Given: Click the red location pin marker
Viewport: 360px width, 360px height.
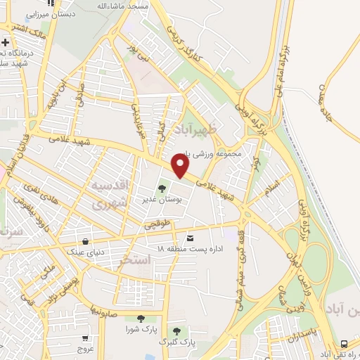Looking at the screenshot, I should tap(181, 166).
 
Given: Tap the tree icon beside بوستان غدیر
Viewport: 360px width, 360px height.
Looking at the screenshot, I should tap(162, 188).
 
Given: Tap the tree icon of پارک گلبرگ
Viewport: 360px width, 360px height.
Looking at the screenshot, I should tap(176, 330).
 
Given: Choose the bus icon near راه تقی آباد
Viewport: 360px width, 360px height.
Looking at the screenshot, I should tap(344, 344).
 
